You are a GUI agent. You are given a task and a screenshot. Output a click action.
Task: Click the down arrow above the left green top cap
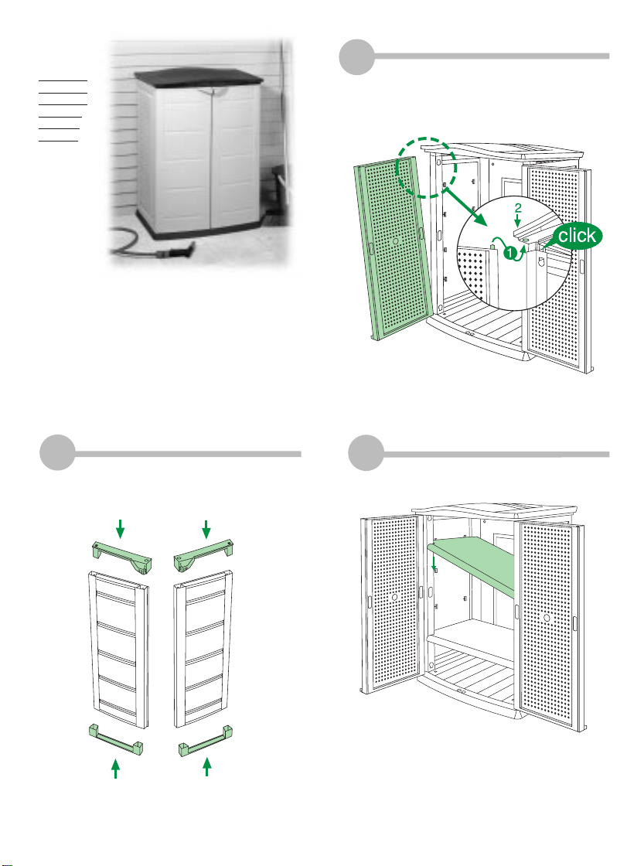pyautogui.click(x=120, y=529)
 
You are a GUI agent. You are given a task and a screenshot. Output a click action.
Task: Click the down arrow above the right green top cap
pyautogui.click(x=206, y=529)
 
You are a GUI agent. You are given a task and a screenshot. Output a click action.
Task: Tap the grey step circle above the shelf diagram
pyautogui.click(x=358, y=454)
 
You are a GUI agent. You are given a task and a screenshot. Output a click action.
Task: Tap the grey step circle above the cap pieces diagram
pyautogui.click(x=57, y=454)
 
